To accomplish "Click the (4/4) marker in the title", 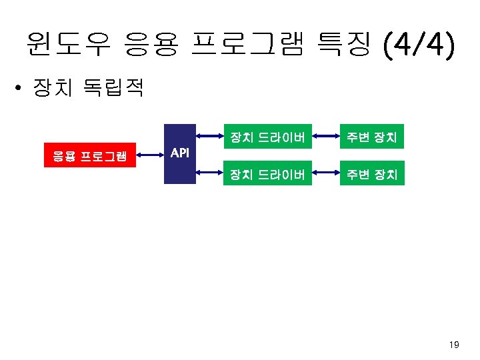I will [x=418, y=45].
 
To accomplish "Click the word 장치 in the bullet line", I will [x=55, y=89].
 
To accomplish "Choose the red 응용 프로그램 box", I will [x=90, y=157].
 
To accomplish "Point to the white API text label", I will [x=179, y=153].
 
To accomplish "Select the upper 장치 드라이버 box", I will [x=267, y=138].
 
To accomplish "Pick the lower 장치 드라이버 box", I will [x=267, y=175].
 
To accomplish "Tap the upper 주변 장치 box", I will [x=371, y=138].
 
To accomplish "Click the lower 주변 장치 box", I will [x=371, y=175].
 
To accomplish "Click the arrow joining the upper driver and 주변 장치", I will [x=324, y=139].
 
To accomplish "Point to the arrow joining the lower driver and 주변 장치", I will [x=324, y=175].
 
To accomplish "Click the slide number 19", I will [x=455, y=345].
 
